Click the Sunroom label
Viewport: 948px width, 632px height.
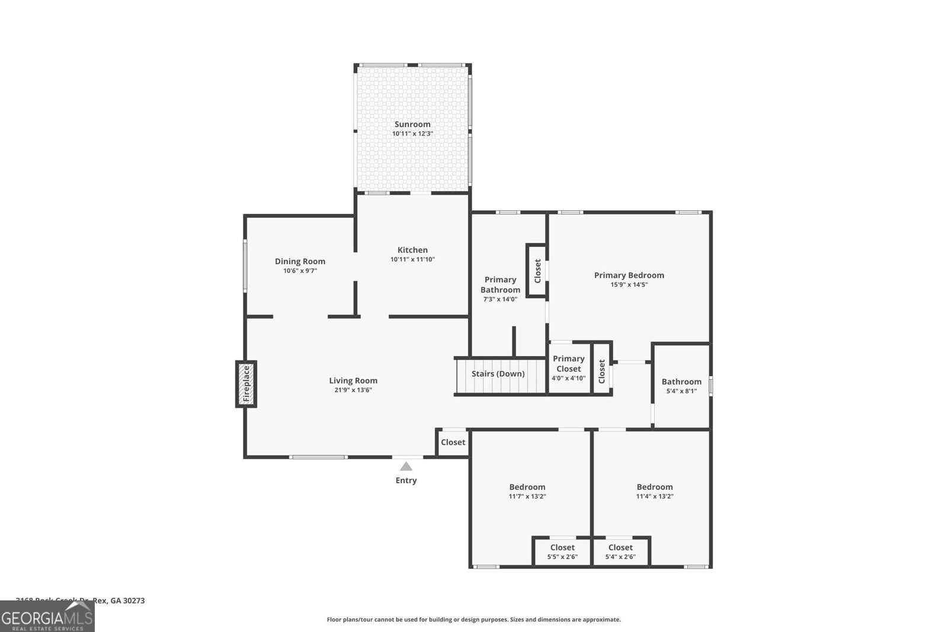tap(412, 124)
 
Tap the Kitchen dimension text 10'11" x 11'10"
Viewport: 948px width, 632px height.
tap(412, 259)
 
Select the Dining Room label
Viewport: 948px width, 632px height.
tap(300, 261)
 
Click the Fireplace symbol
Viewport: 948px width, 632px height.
tap(246, 384)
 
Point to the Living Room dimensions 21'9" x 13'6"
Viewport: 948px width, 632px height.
tap(353, 390)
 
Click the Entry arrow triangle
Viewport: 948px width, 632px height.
tap(406, 466)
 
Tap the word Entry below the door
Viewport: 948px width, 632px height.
tap(406, 480)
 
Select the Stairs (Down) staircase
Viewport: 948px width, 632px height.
tap(499, 376)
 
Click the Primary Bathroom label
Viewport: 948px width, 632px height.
tap(500, 284)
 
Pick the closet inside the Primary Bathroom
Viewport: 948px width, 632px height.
tap(537, 271)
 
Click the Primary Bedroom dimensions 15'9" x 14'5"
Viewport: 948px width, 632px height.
tap(629, 284)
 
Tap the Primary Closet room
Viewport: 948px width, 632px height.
tap(568, 368)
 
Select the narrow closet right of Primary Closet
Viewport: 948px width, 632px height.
tap(601, 371)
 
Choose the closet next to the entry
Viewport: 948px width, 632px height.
tap(453, 442)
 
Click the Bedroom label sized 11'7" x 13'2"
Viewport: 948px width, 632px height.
tap(527, 487)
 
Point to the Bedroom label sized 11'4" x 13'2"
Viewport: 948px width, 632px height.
tap(655, 487)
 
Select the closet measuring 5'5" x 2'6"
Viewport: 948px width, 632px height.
tap(562, 551)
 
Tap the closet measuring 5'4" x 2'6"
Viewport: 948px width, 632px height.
tap(620, 551)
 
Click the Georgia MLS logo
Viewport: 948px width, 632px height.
tap(47, 617)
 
